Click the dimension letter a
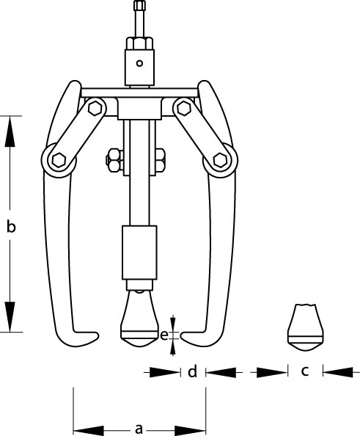click(x=139, y=428)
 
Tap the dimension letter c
click(x=305, y=371)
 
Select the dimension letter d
click(x=193, y=371)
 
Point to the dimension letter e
click(x=164, y=336)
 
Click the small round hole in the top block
click(x=139, y=63)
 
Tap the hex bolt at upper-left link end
click(x=95, y=108)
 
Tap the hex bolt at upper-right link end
click(x=184, y=108)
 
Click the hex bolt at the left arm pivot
click(x=59, y=161)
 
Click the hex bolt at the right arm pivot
click(x=220, y=161)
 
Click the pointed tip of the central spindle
click(x=139, y=346)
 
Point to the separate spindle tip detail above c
click(x=305, y=327)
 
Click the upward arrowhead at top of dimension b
click(x=10, y=131)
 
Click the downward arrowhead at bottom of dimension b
click(x=10, y=316)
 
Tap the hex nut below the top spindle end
click(x=140, y=43)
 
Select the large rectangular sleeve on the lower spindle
click(x=139, y=252)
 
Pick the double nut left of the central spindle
click(x=114, y=161)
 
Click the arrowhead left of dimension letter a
click(x=89, y=430)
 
